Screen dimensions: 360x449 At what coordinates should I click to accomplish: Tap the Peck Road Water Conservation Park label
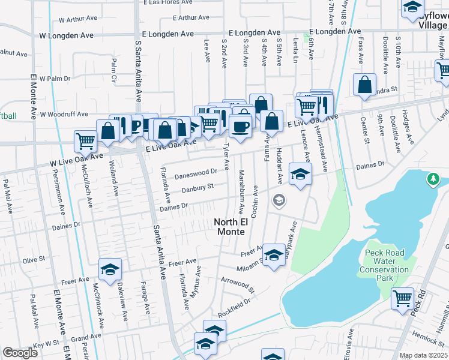(384, 265)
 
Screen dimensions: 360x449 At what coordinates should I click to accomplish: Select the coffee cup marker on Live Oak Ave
(240, 128)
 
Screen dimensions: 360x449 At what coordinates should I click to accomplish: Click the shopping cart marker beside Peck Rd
(402, 298)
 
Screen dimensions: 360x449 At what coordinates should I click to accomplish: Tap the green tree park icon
(433, 179)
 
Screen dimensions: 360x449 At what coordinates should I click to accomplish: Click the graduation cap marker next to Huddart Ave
(300, 175)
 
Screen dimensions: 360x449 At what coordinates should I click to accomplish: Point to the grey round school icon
(279, 200)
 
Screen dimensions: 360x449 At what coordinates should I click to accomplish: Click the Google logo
(20, 353)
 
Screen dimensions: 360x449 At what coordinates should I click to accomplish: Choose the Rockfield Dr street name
(234, 308)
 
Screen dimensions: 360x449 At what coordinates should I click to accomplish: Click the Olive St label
(34, 260)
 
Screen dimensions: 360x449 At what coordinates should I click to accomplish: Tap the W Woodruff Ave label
(64, 114)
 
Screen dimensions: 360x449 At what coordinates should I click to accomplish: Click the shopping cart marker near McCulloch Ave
(85, 142)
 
